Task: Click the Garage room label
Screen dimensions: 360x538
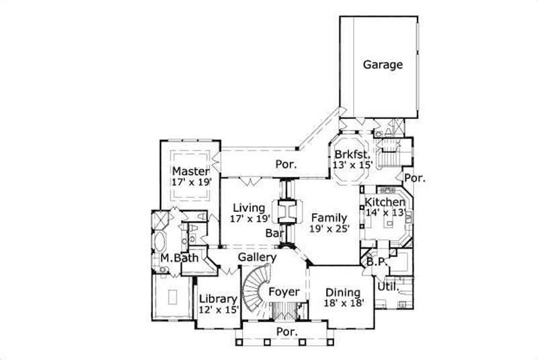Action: point(383,65)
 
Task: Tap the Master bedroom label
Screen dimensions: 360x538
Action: point(190,170)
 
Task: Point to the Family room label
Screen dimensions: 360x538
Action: point(328,217)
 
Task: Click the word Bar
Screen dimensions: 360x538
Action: point(274,233)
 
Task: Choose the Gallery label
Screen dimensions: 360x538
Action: point(257,257)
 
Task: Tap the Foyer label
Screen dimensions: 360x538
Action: point(283,292)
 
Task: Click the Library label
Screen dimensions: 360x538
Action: point(218,299)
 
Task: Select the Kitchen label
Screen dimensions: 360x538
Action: point(385,201)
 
